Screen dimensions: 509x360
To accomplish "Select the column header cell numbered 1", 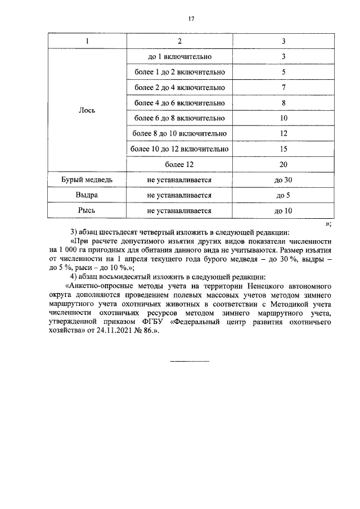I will tap(87, 42).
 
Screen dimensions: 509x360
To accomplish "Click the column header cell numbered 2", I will tap(179, 42).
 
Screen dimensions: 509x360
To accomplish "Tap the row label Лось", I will tap(87, 110).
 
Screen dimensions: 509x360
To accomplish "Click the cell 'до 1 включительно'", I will tap(179, 57).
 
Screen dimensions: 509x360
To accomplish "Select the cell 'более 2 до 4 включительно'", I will tap(179, 88).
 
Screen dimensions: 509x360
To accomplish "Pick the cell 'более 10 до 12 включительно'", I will tap(179, 149).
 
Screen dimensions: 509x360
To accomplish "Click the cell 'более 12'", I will tap(179, 164).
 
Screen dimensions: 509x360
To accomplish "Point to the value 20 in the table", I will tap(283, 164).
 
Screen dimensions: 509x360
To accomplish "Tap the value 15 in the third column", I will tap(283, 149).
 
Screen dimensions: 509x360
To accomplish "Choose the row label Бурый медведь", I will tap(87, 180).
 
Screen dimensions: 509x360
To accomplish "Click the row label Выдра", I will tap(87, 195).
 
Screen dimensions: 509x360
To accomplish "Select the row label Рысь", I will tap(87, 211).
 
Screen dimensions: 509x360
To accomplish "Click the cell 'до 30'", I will tap(283, 180).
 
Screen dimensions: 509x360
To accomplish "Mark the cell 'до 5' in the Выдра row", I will tap(283, 195).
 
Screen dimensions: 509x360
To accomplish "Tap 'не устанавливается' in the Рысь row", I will tap(179, 211).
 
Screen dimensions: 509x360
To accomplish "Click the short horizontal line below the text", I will tap(190, 361).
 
